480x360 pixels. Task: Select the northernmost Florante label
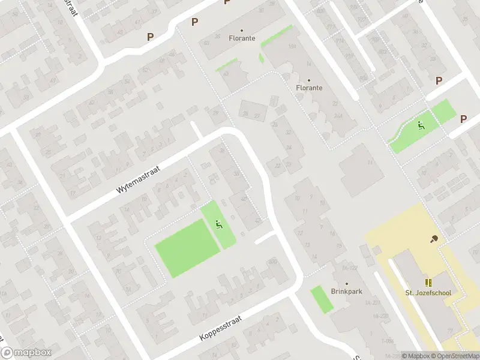click(242, 38)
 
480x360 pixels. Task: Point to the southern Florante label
click(309, 88)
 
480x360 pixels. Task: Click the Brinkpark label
click(346, 292)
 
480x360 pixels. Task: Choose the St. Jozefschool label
click(427, 293)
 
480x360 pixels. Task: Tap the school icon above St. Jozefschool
click(428, 283)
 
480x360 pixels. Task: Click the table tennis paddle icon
click(434, 239)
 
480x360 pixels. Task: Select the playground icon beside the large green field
click(219, 225)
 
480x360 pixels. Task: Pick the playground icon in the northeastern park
click(421, 125)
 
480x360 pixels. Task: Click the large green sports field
click(187, 248)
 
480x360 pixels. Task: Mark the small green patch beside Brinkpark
click(322, 299)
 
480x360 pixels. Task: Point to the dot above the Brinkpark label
click(346, 283)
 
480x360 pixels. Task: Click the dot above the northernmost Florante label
click(242, 31)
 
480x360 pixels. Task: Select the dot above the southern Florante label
click(309, 80)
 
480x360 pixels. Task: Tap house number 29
click(216, 113)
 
